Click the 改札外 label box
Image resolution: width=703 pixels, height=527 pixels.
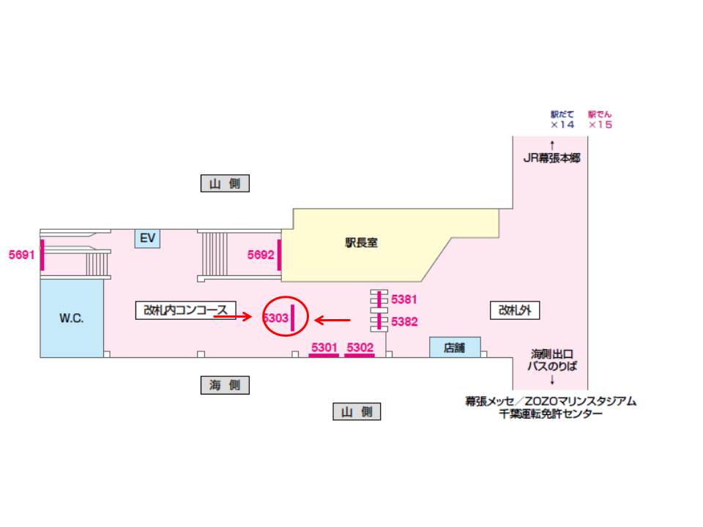tap(514, 310)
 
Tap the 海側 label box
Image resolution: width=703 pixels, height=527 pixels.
tap(225, 385)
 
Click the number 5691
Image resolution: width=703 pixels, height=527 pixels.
tap(21, 255)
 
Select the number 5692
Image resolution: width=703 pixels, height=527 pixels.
tap(261, 255)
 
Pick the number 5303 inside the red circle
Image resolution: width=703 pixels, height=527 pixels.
tap(275, 318)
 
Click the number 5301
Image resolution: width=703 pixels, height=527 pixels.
tap(324, 347)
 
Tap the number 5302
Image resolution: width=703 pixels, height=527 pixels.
tap(360, 347)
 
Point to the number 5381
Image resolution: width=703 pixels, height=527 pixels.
tap(404, 299)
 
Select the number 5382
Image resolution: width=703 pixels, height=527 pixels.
tap(404, 321)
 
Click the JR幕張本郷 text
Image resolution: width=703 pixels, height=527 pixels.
tap(551, 157)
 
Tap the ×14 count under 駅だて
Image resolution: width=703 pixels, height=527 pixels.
tap(562, 125)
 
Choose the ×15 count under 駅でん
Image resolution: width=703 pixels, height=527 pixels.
tap(599, 125)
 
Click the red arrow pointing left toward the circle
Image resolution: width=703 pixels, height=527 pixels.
tap(332, 320)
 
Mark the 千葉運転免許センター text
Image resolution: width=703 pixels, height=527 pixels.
tap(551, 414)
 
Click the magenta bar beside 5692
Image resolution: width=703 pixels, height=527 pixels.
tap(279, 255)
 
